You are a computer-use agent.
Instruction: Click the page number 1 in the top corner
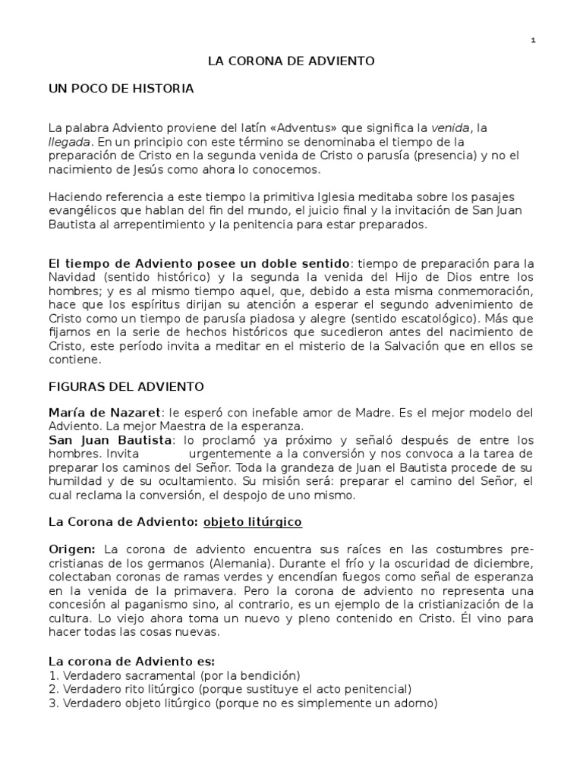coord(533,40)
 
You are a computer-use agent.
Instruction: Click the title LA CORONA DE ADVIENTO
coord(291,61)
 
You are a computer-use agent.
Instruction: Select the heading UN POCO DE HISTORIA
coord(121,89)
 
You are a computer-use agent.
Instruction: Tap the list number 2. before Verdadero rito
coord(52,689)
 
